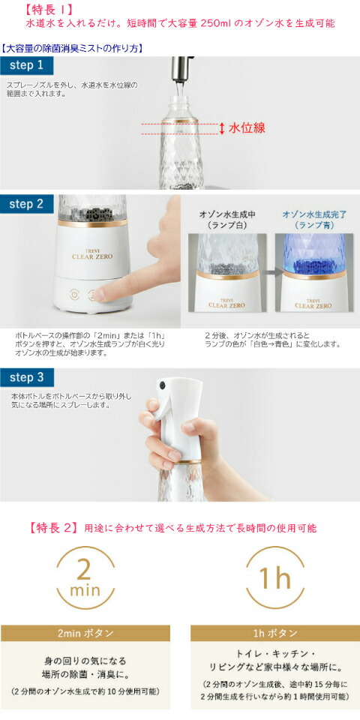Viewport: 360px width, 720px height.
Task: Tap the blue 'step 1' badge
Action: [x=26, y=66]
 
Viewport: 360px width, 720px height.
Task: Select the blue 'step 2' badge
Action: [x=26, y=204]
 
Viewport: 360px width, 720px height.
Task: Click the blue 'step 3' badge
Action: [x=26, y=376]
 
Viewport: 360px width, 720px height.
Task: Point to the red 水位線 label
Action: [x=248, y=127]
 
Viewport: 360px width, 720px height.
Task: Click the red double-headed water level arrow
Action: [x=222, y=128]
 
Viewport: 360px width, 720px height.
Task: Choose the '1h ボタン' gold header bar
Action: [x=274, y=632]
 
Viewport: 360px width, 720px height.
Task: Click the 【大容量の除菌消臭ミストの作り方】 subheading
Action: [x=73, y=48]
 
